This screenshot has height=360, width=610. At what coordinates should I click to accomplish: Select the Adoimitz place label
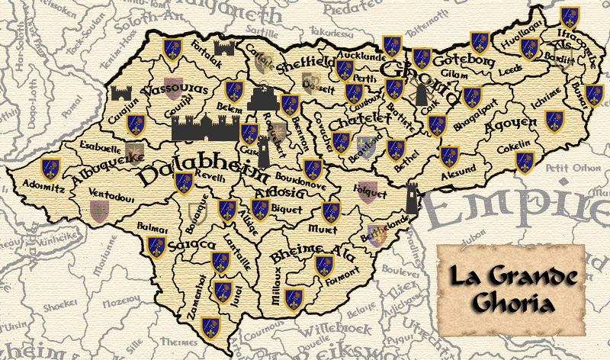pos(37,183)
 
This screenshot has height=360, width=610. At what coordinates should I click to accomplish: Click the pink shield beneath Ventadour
pos(99,209)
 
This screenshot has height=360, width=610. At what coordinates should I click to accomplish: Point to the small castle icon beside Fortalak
pos(224,48)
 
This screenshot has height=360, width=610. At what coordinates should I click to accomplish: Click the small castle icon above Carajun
pos(122,94)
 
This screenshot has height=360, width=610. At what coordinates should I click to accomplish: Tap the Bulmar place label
pos(153,227)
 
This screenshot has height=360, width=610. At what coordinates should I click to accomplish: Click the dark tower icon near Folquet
pos(413,198)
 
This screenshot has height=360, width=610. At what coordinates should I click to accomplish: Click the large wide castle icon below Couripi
pos(206,128)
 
